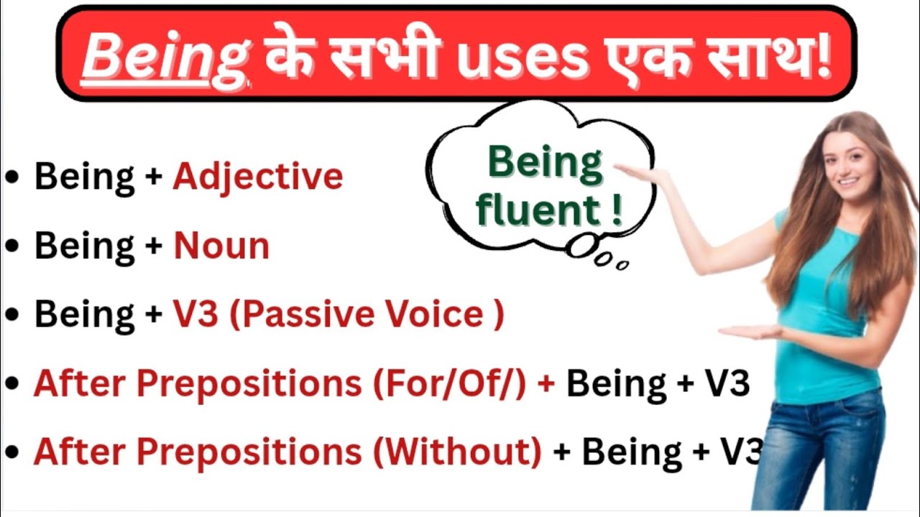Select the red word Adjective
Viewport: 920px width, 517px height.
pos(257,177)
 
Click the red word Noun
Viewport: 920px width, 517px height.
pos(221,246)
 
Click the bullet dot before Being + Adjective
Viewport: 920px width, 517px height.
pos(11,177)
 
